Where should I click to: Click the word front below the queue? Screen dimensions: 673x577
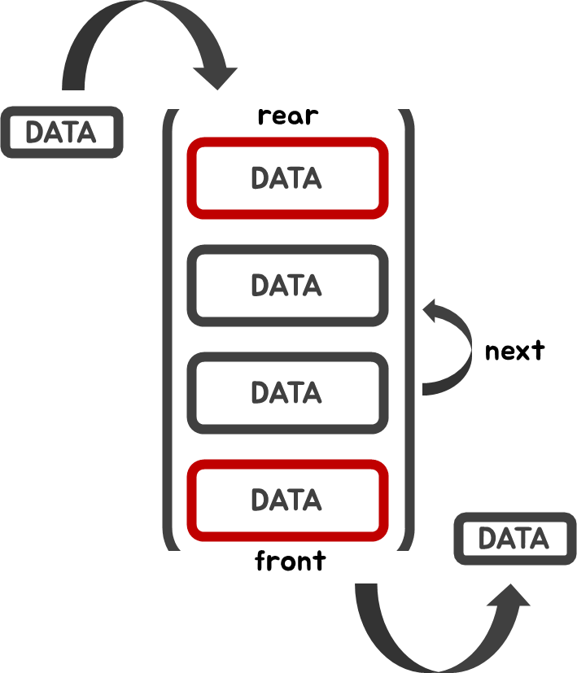tap(290, 562)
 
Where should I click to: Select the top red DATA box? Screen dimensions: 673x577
tap(287, 178)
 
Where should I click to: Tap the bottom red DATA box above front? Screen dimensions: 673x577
tap(287, 500)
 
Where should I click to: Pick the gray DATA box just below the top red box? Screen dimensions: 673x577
tap(287, 286)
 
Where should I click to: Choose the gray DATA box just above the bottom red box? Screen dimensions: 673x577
tap(287, 393)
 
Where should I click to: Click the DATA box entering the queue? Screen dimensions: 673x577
tap(61, 132)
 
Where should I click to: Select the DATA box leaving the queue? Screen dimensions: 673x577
tap(514, 539)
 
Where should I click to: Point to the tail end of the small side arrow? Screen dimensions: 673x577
tap(427, 389)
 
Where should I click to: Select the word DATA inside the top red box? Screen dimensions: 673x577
tap(286, 178)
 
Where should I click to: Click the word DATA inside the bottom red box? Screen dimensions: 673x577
tap(286, 500)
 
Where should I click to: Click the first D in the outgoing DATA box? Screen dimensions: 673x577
tap(488, 539)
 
